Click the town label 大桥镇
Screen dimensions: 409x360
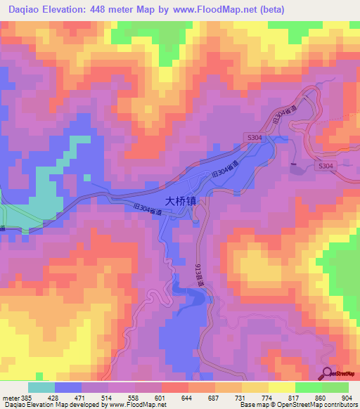pos(181,200)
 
